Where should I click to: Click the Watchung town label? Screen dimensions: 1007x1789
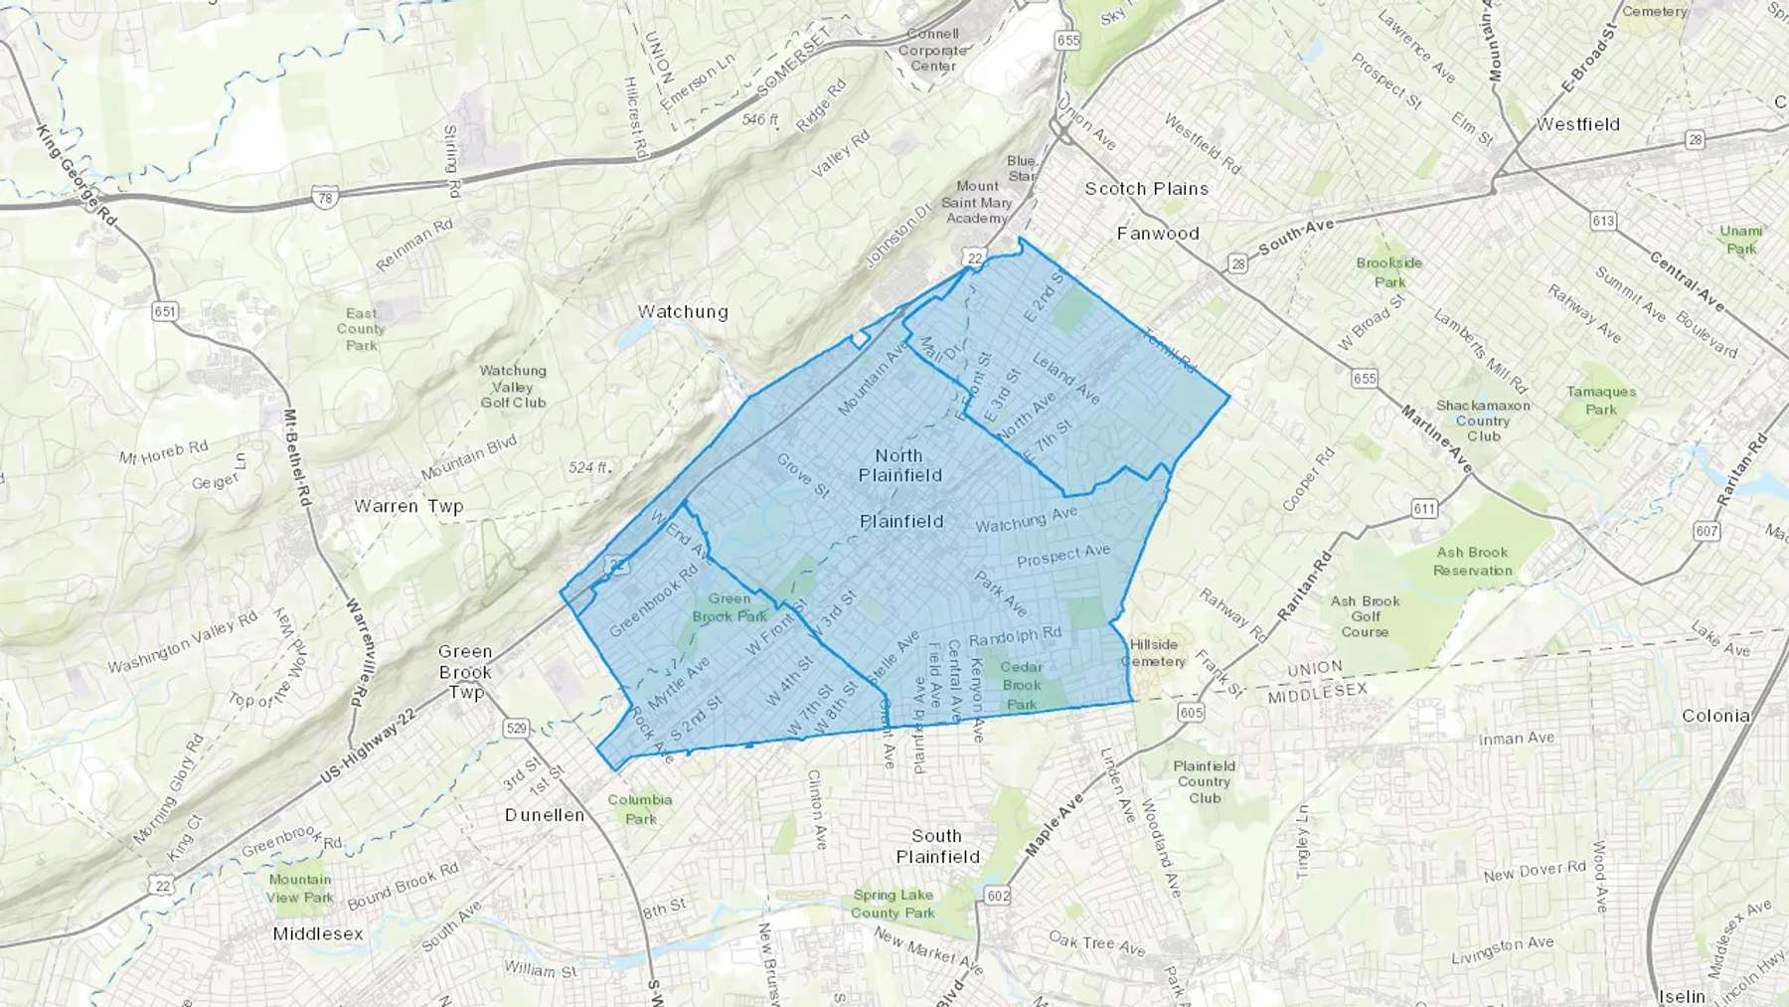pos(683,312)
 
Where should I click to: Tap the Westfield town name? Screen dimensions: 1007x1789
pos(1577,125)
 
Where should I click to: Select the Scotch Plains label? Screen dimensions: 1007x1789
pos(1146,189)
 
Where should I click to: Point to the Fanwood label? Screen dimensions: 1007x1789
pos(1158,234)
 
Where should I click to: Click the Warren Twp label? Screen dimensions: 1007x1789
pos(408,506)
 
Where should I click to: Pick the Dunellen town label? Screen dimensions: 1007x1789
pos(545,815)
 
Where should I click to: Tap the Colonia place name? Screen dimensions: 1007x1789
pos(1715,716)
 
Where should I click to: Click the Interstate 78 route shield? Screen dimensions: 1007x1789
pos(325,198)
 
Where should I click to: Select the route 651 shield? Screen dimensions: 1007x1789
pos(165,311)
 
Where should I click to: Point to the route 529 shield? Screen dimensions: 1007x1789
pos(516,729)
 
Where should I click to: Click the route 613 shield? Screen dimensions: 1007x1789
pos(1602,221)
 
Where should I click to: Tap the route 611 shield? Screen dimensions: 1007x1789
pos(1424,509)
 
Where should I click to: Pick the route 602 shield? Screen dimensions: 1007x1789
pos(998,896)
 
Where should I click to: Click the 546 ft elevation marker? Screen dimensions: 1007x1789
pos(760,119)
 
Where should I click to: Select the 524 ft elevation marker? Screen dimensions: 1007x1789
pos(588,467)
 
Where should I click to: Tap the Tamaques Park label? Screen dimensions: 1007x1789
pos(1600,401)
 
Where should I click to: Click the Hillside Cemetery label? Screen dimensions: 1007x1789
pos(1153,653)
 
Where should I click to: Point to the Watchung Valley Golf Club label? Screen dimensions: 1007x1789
pos(513,387)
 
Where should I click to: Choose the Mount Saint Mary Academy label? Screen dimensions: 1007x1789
pos(976,202)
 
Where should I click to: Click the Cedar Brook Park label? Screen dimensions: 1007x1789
pos(1021,685)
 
